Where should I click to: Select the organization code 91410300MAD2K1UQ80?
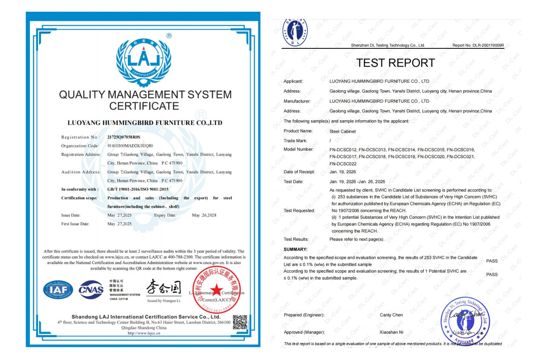130,146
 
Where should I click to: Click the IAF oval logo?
58,290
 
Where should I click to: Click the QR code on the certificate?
240,322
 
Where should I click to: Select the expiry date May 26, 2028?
204,215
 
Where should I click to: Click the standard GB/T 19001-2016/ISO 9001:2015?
138,189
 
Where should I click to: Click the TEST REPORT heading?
395,63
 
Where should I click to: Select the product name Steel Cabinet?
343,131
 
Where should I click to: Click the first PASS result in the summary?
492,261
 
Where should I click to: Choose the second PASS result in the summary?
492,274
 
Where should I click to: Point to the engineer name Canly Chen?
391,315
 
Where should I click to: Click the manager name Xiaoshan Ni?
391,332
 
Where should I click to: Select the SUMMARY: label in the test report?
295,249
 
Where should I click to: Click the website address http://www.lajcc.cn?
144,333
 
